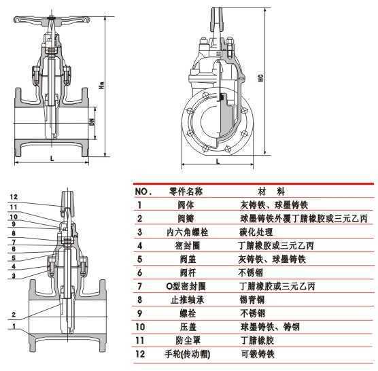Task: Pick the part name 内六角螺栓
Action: pos(186,232)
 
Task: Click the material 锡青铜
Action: pos(252,300)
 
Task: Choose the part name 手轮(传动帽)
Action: pos(186,354)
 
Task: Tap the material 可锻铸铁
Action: pos(256,354)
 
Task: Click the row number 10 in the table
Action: pos(140,327)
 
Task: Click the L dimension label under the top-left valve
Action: pos(52,158)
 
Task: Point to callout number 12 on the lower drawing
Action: pos(14,197)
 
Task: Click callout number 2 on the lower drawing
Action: pos(14,315)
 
